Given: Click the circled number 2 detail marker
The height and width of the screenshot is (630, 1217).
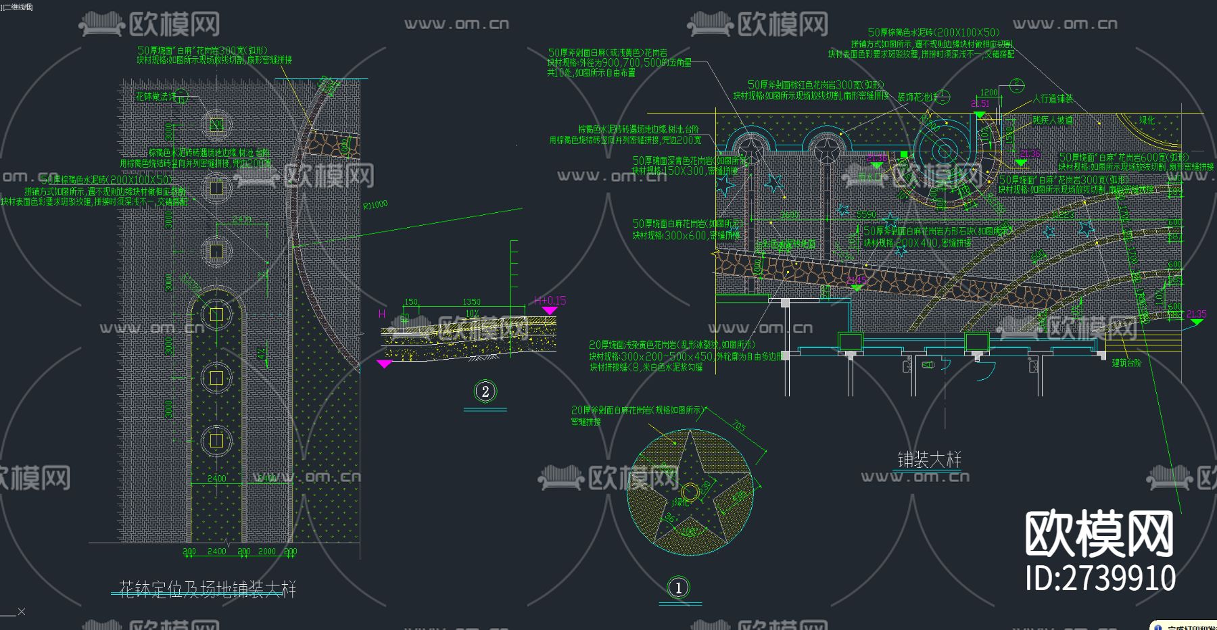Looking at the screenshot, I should coord(485,391).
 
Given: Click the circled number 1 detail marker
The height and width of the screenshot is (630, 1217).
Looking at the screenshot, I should coord(679,587).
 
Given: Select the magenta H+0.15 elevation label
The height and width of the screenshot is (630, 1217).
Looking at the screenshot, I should coord(550,301).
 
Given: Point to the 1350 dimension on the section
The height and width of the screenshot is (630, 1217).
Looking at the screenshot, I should coord(471,302).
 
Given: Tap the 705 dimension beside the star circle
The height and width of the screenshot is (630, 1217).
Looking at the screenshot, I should coord(738,427).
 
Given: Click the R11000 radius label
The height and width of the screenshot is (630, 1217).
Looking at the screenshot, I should coord(375,205).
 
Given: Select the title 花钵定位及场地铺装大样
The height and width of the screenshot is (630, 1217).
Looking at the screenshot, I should coord(207,589).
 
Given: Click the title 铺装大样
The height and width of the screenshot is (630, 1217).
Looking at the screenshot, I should coord(929,460).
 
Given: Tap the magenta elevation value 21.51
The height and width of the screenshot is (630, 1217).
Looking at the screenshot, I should coord(980,103).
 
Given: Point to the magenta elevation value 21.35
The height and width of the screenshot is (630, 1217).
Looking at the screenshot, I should coord(1196,314).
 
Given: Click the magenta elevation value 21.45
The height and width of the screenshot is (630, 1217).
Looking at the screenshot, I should coord(857,280).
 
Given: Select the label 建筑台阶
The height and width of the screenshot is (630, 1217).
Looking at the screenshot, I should coord(1126,363).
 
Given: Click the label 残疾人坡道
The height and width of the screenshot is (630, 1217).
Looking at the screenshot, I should coord(1053,120).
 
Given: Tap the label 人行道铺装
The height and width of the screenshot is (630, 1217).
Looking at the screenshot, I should coord(1053,99).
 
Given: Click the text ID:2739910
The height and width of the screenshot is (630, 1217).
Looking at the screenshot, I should coord(1100,579).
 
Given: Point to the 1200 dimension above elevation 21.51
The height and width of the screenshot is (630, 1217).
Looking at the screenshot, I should coord(988,93).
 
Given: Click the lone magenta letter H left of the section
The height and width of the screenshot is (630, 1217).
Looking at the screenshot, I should coord(382,314).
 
